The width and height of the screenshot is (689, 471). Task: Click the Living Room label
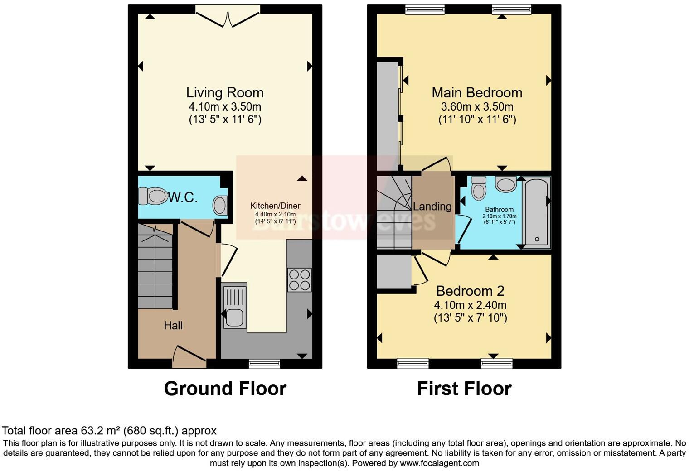coord(224,93)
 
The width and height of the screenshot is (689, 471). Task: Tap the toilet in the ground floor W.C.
coord(153,197)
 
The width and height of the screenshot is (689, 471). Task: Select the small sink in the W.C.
coord(220,205)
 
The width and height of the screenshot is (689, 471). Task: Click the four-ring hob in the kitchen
coord(299,280)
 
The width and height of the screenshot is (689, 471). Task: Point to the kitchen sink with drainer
coord(234,306)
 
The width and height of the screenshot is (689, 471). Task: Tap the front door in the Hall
coord(189,357)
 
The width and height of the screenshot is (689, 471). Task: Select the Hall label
coord(173,326)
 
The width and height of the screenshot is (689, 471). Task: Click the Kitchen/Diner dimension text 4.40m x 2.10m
coord(275,214)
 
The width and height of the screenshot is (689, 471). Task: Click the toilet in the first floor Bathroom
coord(478,187)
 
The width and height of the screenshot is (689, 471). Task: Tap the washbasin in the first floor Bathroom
coord(505,184)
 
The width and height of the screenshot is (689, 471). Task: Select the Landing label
coord(432,207)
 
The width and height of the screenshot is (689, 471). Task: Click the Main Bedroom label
coord(477,93)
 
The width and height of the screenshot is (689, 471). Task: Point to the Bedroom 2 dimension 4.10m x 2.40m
coord(470,305)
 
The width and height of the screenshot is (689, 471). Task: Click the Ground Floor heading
coord(225,389)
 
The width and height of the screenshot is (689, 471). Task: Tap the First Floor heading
coord(464,389)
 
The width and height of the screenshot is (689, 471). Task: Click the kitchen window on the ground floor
coord(264,363)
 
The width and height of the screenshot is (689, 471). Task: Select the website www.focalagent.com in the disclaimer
coord(439,463)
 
